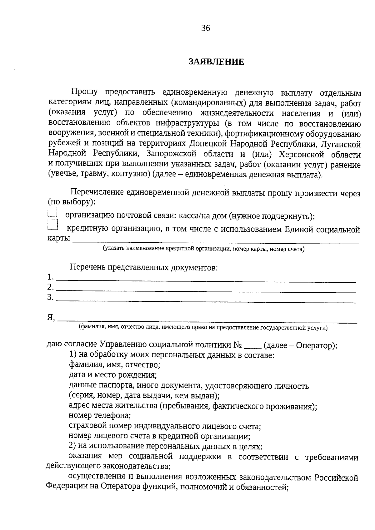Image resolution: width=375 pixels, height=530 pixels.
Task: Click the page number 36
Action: point(206,28)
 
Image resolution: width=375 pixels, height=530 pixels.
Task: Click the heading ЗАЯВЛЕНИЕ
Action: point(216,62)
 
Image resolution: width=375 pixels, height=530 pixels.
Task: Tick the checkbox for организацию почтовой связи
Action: point(52,212)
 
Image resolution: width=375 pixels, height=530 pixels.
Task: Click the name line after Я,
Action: point(208,320)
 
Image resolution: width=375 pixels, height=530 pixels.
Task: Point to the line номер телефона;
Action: point(99,415)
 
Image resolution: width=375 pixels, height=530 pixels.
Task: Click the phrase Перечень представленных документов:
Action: point(143,268)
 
